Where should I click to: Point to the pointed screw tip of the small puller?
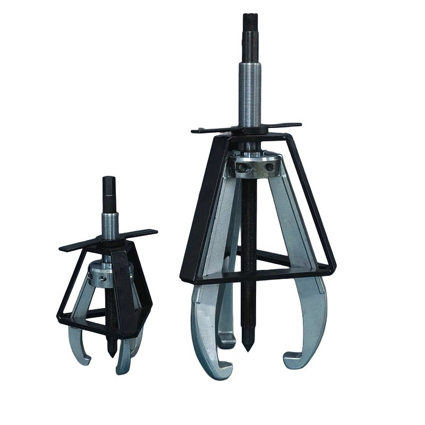pyautogui.click(x=110, y=353)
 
